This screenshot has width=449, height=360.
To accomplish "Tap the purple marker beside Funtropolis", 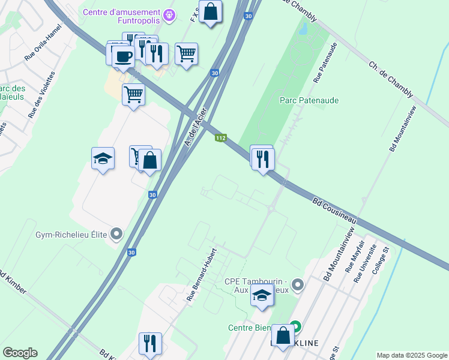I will click(x=170, y=13).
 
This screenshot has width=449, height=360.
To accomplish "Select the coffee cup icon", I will click(x=124, y=56).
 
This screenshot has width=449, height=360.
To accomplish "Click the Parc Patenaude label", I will click(x=309, y=101).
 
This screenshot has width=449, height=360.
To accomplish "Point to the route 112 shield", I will click(x=221, y=138).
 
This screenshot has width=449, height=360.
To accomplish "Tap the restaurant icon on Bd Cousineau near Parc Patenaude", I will click(x=263, y=159).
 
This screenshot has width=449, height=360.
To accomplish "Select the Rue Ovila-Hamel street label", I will click(x=43, y=43).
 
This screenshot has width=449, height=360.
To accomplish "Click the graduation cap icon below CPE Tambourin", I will click(x=261, y=295).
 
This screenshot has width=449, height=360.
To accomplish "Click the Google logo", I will click(x=20, y=353).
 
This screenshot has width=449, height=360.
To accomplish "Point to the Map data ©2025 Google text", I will click(x=411, y=355).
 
